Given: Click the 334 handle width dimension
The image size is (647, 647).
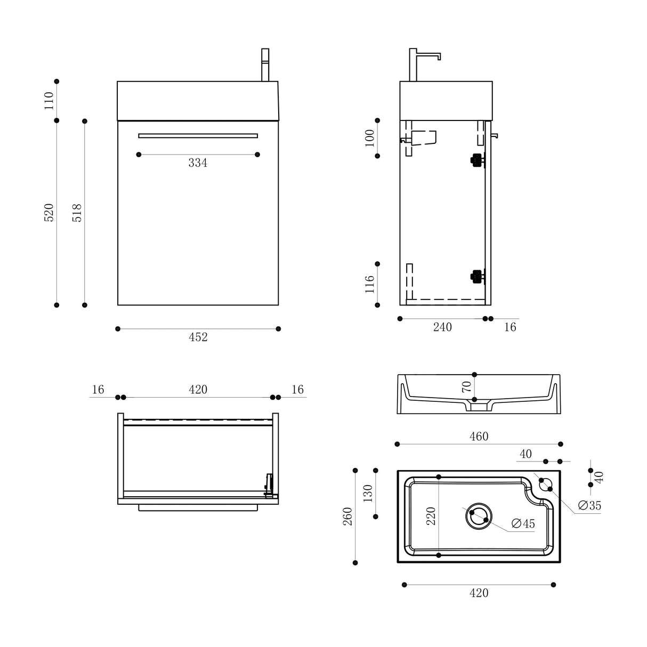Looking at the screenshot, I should point(198,163).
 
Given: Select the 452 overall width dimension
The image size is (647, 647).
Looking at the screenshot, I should point(198,337).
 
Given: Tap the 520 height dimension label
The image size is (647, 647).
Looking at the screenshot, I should point(49,213).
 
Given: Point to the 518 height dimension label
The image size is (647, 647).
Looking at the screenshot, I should point(77,213).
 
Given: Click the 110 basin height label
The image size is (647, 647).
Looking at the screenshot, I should point(49,100).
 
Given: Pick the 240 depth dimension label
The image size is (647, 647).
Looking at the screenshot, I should point(442,327).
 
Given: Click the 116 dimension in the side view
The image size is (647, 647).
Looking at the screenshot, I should point(370,284).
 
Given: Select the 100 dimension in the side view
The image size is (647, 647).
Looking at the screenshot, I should point(370,138).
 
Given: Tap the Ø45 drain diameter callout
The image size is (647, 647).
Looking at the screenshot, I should point(523,524).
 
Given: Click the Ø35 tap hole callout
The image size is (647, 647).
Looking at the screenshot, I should point(589,505).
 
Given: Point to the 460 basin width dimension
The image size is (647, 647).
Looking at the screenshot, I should point(479,437).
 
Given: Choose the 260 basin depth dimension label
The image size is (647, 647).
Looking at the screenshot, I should point(348,516).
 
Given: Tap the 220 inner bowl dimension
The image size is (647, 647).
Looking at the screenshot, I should point(431,516).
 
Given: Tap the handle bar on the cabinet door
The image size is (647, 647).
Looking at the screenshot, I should point(198,135).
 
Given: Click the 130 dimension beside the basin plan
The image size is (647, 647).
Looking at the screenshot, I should point(368,493).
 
